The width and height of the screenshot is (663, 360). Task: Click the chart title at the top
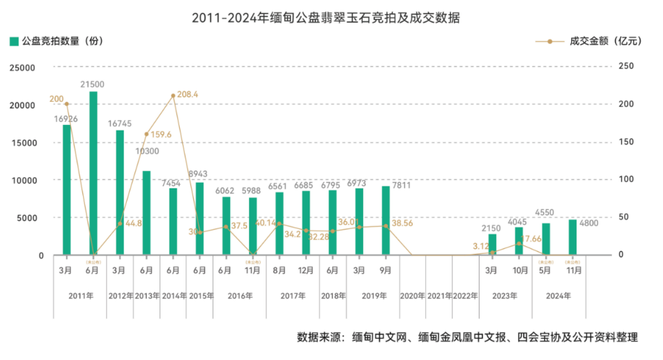(x=331, y=17)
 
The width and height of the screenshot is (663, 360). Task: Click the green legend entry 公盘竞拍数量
(x=56, y=41)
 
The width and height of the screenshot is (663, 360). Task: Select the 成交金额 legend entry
(x=595, y=41)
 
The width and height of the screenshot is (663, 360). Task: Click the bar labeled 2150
(x=492, y=244)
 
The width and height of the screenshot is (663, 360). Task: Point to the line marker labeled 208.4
(x=173, y=96)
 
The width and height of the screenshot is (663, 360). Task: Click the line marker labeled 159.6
(x=146, y=134)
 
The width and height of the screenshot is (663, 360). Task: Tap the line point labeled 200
(x=66, y=104)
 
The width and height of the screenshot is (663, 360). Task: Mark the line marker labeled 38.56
(x=386, y=226)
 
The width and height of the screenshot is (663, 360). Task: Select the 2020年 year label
(x=412, y=296)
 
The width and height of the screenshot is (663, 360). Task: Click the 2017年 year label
(x=293, y=296)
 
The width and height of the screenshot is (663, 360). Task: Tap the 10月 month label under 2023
(x=519, y=269)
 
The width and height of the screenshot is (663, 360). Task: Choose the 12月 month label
(x=306, y=269)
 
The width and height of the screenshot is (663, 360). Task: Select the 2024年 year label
(x=558, y=296)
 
